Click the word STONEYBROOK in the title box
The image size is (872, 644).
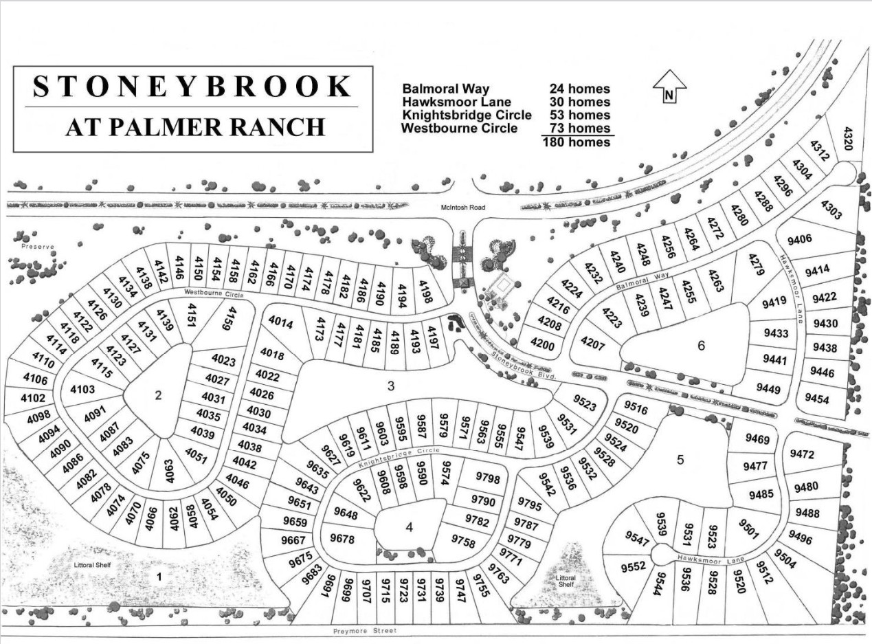point(192,87)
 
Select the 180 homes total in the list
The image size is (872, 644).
point(576,142)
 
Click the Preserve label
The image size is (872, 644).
point(36,245)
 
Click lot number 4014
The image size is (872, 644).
point(280,322)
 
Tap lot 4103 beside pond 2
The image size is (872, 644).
point(83,389)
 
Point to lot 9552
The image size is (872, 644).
point(633,567)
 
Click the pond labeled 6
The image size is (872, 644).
point(701,345)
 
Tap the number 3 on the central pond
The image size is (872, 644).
point(391,386)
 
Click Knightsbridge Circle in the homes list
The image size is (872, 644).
point(467,115)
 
